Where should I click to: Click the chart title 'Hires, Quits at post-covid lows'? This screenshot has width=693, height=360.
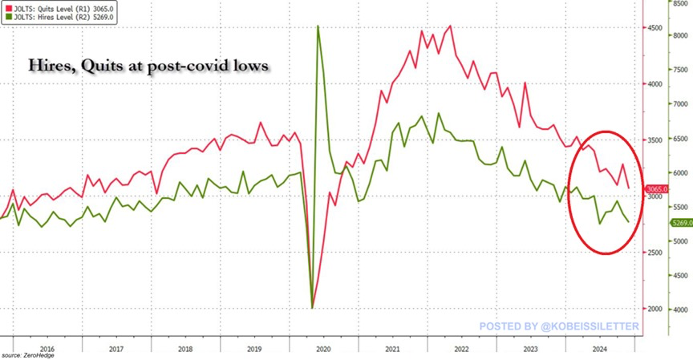(x=148, y=67)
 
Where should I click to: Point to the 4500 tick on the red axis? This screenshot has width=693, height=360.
(x=655, y=28)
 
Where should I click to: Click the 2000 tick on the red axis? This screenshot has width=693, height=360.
(x=655, y=309)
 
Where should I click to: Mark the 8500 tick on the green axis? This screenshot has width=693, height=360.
(x=680, y=3)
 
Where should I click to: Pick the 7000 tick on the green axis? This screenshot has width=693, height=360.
(x=680, y=104)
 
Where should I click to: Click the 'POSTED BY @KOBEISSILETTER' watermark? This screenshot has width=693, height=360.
(x=559, y=326)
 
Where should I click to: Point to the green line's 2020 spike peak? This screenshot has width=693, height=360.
(x=318, y=26)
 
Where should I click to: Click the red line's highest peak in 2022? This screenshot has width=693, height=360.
(x=451, y=26)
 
